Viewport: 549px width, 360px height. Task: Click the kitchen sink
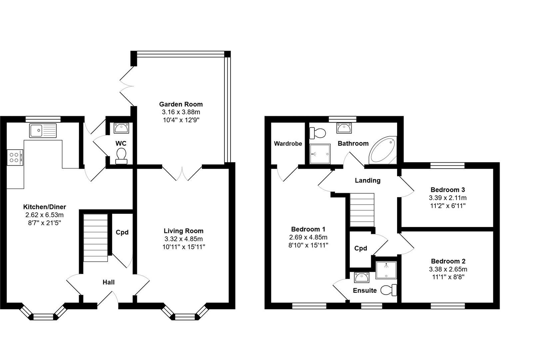point(43,130)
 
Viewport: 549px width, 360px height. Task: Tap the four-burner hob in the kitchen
point(15,157)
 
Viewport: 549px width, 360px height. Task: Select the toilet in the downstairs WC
point(121,156)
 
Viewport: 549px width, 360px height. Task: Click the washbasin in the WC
point(121,128)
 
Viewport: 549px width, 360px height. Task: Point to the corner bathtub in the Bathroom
point(383,150)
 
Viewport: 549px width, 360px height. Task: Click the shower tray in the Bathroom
point(320,154)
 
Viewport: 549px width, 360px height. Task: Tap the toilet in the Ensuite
point(389,290)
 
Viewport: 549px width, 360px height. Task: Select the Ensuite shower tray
point(386,270)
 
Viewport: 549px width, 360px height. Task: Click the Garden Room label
point(181,104)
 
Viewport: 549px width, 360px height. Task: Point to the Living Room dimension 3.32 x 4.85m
point(184,239)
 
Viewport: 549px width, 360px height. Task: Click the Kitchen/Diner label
point(45,207)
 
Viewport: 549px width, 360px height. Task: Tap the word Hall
point(109,282)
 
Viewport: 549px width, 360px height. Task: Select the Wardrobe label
point(288,143)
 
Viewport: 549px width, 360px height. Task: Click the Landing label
point(368,180)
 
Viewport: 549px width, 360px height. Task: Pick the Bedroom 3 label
point(448,190)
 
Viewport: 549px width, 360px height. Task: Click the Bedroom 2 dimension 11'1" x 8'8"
point(448,277)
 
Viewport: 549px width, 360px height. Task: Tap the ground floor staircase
point(96,238)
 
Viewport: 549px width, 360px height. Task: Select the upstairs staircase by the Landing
point(362,210)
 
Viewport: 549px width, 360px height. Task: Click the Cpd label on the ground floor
point(122,232)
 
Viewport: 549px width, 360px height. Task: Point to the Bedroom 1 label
point(308,229)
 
